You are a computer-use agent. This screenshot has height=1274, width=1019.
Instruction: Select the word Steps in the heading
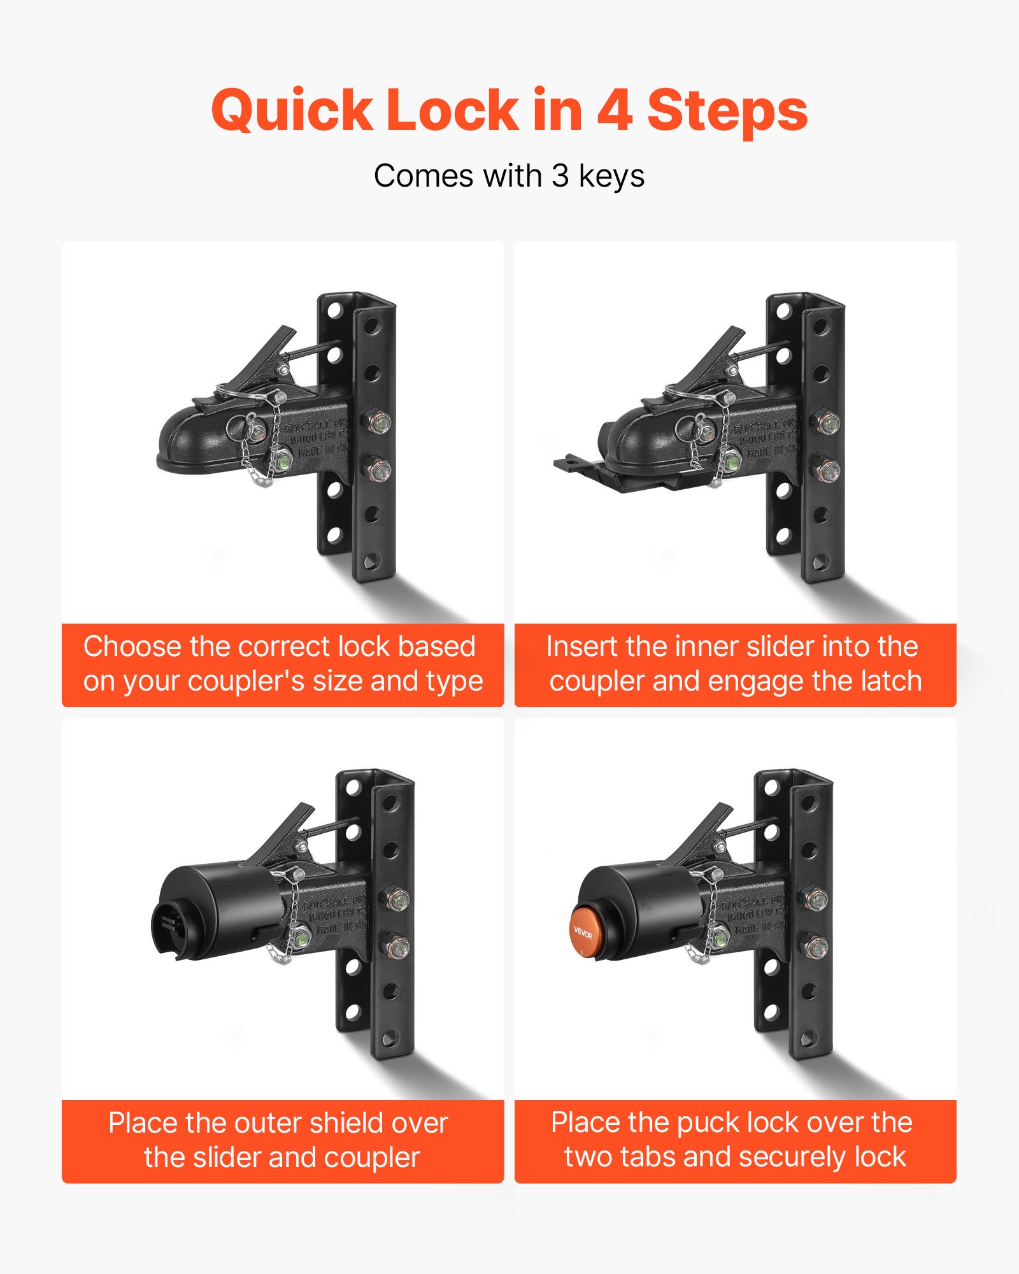click(727, 111)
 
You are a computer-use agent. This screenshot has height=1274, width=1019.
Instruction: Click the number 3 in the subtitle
click(560, 176)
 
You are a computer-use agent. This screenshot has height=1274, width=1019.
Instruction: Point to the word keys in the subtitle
click(611, 177)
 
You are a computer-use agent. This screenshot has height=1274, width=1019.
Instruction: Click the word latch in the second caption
click(891, 681)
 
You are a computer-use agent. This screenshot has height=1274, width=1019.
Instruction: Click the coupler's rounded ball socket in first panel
click(188, 440)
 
